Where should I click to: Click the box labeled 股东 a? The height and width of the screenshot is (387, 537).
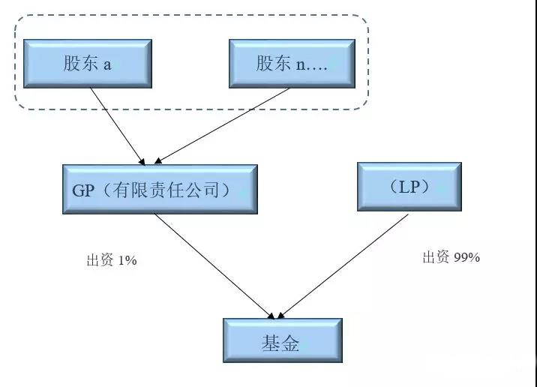point(88,64)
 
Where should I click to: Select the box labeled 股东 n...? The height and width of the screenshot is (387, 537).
point(292,64)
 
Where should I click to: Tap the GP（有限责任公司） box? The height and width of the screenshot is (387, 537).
point(160,190)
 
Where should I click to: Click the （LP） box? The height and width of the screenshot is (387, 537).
point(409,187)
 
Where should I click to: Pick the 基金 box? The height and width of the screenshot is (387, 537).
point(283,340)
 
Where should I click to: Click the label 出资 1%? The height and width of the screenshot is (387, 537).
point(112,260)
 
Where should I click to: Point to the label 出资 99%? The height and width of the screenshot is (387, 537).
point(451,256)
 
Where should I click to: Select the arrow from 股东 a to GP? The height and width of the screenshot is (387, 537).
point(118,126)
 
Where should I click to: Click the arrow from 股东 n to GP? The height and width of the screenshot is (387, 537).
point(222,126)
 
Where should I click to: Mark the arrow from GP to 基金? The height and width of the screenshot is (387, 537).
point(214,266)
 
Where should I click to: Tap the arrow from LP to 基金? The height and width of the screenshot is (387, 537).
point(343,266)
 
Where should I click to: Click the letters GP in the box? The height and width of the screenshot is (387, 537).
point(83,190)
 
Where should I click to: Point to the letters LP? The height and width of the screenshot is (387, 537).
point(409,187)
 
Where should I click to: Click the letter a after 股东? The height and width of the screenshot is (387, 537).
point(107,64)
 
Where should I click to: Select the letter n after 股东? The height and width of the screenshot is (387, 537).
point(300,65)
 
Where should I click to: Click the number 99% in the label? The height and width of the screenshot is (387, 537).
point(466,256)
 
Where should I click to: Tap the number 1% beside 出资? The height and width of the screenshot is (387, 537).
point(127,261)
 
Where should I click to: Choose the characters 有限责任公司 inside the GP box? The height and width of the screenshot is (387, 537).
point(166,190)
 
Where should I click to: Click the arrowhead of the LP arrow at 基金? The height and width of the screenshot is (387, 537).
point(280,316)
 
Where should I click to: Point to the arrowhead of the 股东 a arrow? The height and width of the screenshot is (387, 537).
point(142,161)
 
